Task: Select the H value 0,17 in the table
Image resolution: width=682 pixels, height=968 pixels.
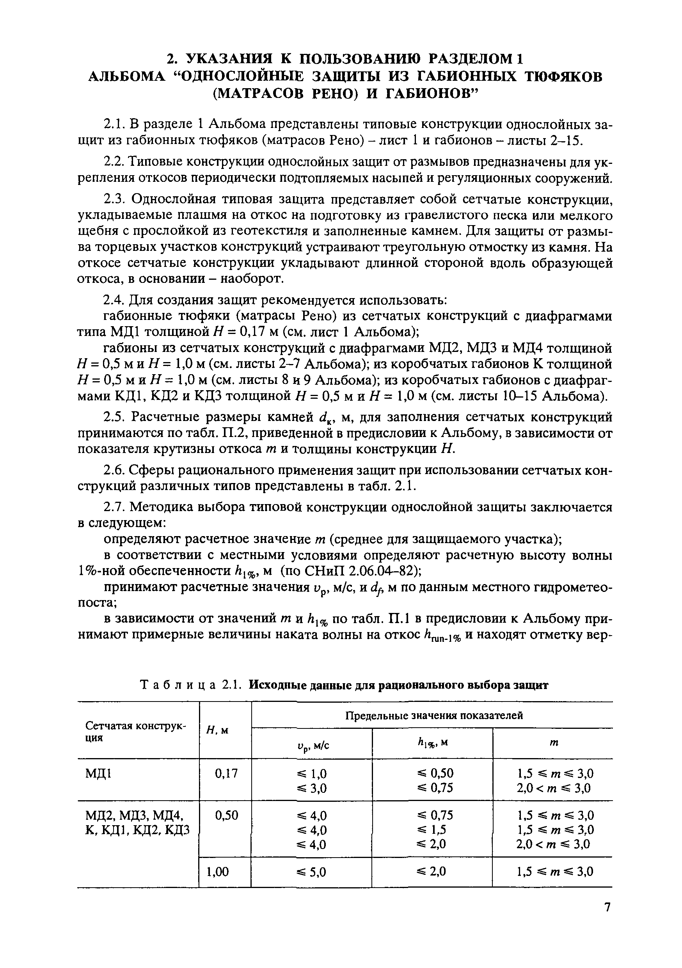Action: (226, 773)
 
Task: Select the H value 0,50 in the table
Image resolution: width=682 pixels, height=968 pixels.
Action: (226, 815)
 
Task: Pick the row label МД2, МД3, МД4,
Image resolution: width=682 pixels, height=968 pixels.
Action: (136, 815)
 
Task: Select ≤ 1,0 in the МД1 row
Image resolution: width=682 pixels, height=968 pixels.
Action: (311, 774)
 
